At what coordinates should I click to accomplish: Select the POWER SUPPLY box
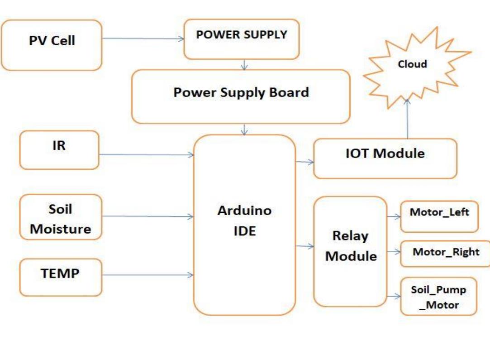(242, 39)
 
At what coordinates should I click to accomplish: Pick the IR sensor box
(59, 149)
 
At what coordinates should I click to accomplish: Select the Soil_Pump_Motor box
(438, 296)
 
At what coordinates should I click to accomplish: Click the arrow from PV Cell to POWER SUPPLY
(143, 38)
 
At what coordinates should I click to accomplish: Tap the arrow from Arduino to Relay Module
(304, 246)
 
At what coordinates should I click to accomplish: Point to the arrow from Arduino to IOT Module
(304, 161)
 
